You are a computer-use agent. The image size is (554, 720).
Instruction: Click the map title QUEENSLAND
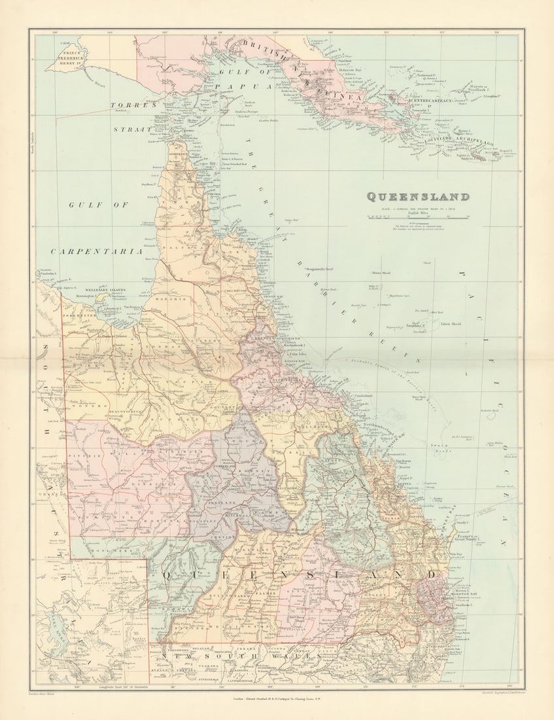coord(417,196)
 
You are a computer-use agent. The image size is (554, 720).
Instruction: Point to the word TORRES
coord(133,105)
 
